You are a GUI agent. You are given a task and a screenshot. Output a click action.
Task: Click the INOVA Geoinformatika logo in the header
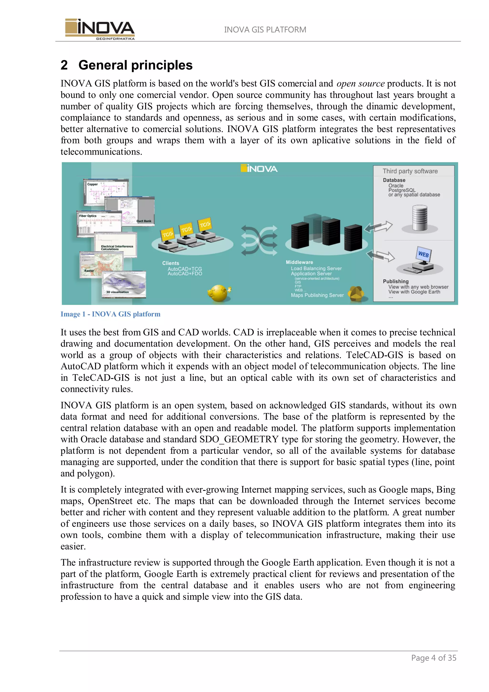coord(100,29)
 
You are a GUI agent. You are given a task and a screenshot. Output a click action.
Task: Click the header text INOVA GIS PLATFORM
coord(265,30)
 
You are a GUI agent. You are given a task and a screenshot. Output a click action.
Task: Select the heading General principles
coord(135,65)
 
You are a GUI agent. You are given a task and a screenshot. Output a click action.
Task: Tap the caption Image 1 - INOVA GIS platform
coord(110,314)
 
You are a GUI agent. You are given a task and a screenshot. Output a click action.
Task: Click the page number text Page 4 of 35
coord(434,658)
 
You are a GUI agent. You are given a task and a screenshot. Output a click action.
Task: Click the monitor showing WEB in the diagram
coord(423,255)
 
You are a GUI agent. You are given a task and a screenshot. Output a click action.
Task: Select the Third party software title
coord(410,171)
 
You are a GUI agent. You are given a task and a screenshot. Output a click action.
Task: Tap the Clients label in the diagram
coord(170,263)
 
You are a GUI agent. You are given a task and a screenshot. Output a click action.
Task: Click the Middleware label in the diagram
coord(299,262)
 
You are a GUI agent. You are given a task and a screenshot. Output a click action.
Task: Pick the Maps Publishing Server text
coord(317,295)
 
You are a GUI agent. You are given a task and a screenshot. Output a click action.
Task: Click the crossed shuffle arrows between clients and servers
coord(259,240)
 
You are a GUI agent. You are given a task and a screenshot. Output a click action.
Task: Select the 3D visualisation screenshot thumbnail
coord(124,284)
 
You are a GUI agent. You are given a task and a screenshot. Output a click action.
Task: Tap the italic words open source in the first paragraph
coord(360,84)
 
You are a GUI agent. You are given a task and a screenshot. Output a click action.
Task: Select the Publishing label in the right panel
coord(396,281)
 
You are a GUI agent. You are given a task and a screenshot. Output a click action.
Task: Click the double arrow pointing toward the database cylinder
coord(378,227)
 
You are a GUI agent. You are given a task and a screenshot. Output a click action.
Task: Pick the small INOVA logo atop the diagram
coord(259,169)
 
